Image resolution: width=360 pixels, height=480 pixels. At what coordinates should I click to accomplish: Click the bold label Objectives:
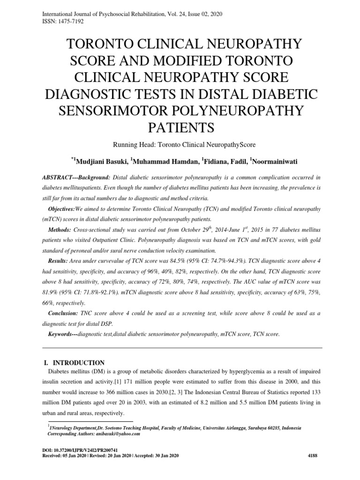coord(66,207)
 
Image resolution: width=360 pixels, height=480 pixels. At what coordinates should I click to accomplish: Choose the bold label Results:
coord(61,260)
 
